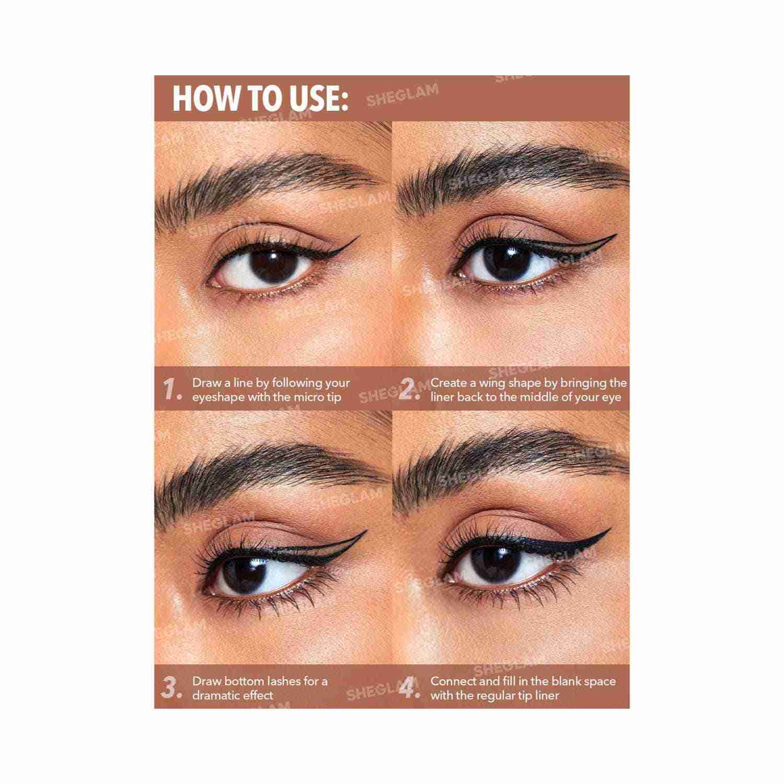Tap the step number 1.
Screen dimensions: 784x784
[172, 389]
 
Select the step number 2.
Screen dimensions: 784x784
[409, 389]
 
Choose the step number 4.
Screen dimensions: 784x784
[410, 688]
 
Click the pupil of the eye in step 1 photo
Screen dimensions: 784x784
[273, 263]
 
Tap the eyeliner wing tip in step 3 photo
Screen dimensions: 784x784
[366, 532]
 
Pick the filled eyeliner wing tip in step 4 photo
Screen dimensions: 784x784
[609, 531]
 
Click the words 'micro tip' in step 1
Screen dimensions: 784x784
[316, 397]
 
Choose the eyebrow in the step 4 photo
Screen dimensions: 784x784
[510, 460]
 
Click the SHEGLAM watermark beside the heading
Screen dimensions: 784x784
[402, 96]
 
